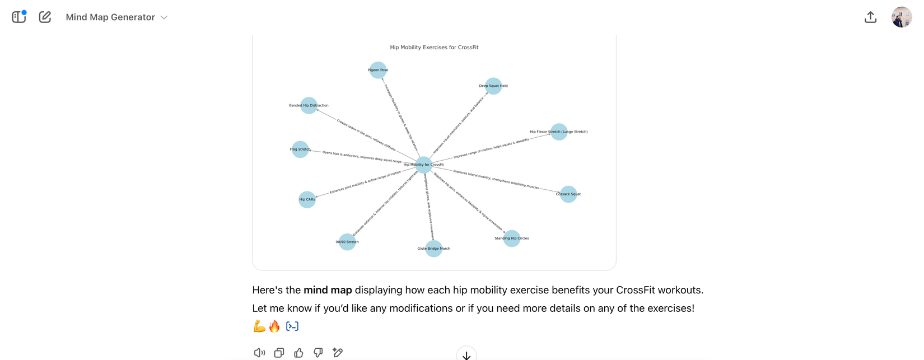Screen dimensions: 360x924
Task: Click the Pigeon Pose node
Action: point(378,70)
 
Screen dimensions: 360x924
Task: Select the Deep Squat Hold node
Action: point(493,86)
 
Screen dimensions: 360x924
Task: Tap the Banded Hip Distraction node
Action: point(309,105)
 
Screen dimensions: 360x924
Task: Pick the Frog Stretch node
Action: point(300,149)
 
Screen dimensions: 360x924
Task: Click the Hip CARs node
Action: point(307,199)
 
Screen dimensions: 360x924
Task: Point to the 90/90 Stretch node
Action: point(347,242)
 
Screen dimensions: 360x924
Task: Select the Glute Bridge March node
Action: point(433,249)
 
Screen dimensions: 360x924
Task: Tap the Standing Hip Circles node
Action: point(512,238)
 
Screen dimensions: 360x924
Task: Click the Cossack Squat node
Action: point(568,194)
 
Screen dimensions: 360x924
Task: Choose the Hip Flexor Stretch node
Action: point(559,132)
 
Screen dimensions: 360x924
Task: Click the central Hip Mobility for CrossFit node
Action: point(423,165)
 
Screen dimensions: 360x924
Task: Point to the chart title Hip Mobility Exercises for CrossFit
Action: point(434,48)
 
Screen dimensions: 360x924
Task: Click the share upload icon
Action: point(870,17)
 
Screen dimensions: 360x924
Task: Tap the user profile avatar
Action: point(901,17)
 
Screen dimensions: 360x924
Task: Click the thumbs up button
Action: point(298,353)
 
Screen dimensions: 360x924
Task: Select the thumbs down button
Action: point(318,353)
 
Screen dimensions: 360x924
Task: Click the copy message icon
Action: point(279,353)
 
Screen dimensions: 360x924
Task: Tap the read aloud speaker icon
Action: point(259,353)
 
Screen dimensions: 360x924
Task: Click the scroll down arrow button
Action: point(466,355)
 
